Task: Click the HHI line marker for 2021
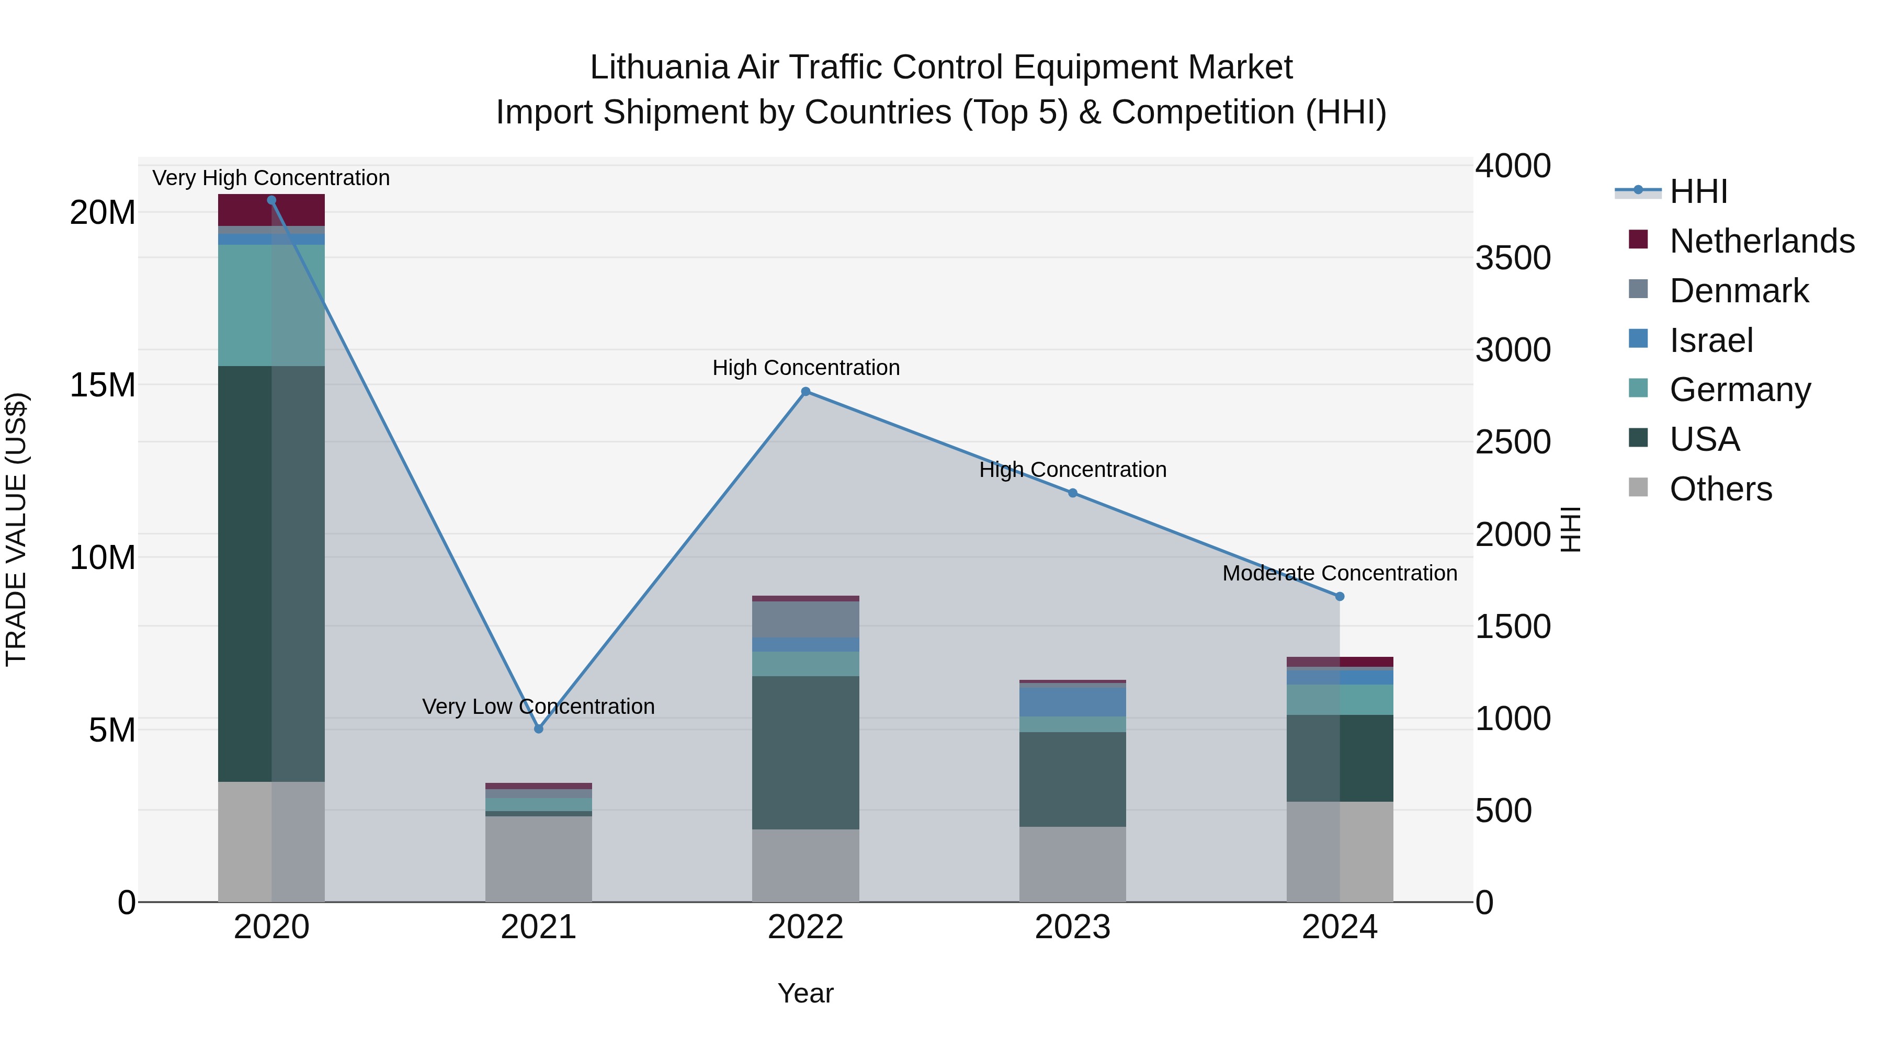(x=539, y=728)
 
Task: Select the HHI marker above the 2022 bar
(x=806, y=392)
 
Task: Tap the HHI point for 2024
(x=1339, y=596)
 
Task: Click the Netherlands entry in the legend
(x=1762, y=241)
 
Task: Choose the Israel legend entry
(x=1710, y=340)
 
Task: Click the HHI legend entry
(x=1698, y=191)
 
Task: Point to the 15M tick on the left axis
(x=103, y=385)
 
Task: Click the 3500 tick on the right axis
(x=1512, y=258)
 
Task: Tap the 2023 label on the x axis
(x=1072, y=927)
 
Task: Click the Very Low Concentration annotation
(x=538, y=707)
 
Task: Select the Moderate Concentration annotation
(x=1339, y=574)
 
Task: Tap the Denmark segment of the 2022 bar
(x=806, y=619)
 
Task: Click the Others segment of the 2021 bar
(x=539, y=859)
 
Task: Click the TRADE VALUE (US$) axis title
(x=16, y=529)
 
